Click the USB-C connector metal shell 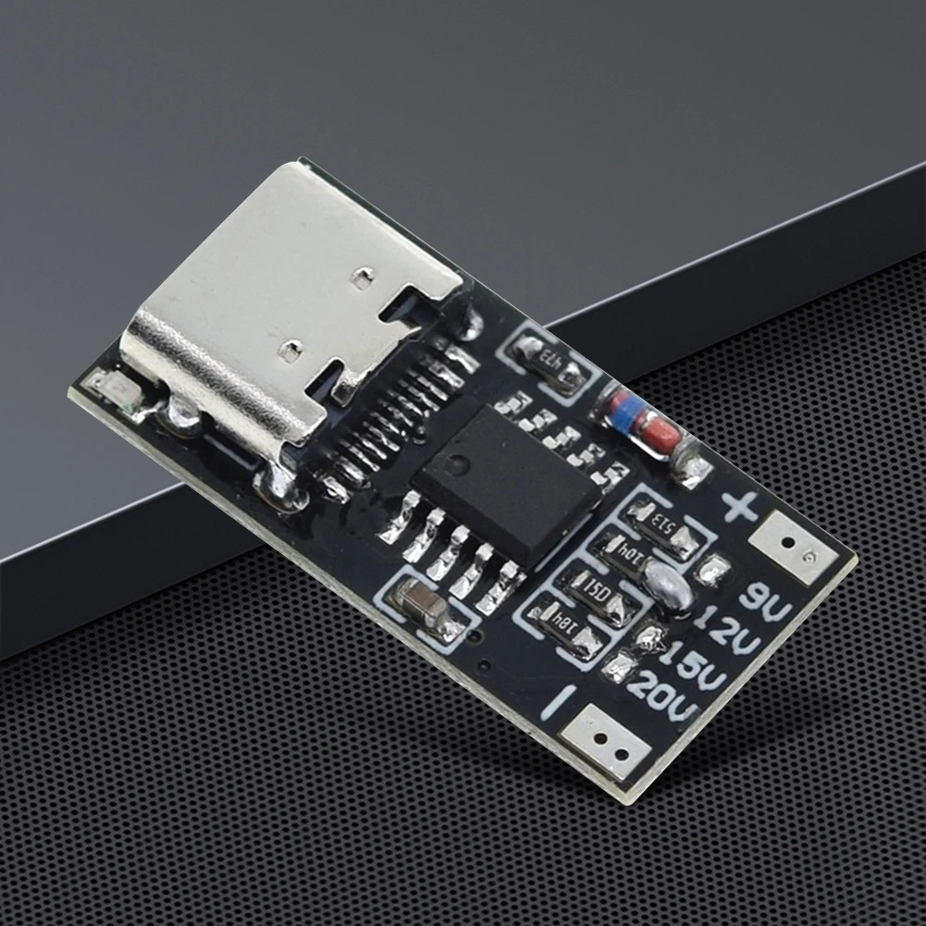click(x=296, y=315)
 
